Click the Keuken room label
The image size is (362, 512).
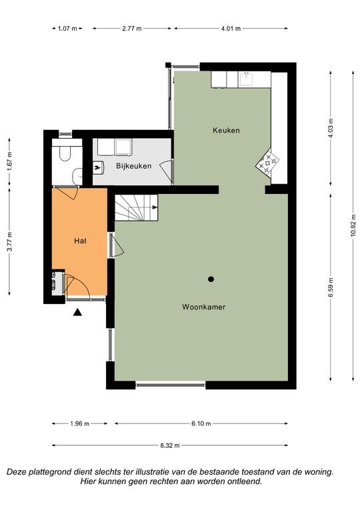click(226, 130)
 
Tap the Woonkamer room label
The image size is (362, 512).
click(204, 307)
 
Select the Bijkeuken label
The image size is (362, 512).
click(133, 166)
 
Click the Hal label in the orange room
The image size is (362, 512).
click(80, 241)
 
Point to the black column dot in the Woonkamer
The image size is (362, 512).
click(211, 279)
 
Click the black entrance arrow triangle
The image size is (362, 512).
click(77, 312)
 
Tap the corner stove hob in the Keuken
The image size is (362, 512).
click(267, 161)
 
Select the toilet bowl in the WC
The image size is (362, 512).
click(65, 153)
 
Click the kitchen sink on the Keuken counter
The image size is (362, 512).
click(246, 79)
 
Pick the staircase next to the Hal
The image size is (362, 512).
click(137, 208)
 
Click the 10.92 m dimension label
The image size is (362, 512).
click(353, 226)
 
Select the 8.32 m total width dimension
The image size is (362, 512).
click(170, 445)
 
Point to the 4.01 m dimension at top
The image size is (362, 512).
click(231, 29)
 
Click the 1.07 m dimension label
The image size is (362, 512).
click(67, 29)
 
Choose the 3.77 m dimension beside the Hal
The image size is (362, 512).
click(9, 241)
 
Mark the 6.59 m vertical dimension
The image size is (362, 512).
click(331, 287)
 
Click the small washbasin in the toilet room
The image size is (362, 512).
click(78, 176)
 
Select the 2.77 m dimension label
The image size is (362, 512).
click(132, 29)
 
